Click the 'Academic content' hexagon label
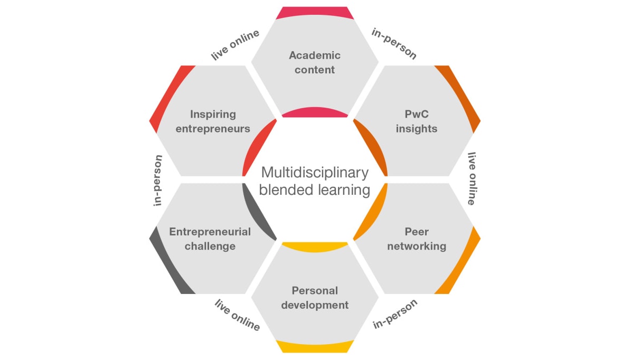[x=315, y=62]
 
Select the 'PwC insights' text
[x=417, y=121]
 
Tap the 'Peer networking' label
[x=417, y=239]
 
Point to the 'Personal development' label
[x=315, y=298]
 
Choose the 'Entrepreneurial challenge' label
[x=210, y=239]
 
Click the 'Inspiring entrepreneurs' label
[x=213, y=121]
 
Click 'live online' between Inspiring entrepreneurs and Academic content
[x=236, y=45]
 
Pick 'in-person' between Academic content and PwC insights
[x=394, y=44]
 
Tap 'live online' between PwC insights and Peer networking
[x=472, y=178]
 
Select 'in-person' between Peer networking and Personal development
[x=395, y=314]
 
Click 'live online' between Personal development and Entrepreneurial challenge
[x=237, y=315]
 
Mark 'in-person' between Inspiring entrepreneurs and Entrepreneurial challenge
[x=158, y=181]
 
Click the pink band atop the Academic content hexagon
[x=315, y=13]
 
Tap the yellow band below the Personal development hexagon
[x=315, y=347]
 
